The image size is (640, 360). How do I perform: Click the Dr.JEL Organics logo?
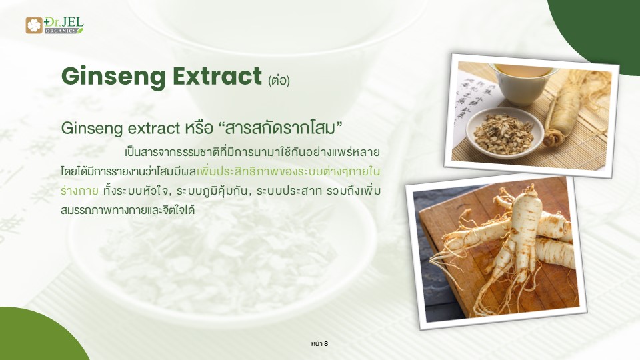(x=54, y=25)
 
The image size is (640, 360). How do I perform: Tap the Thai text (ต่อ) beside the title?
(x=279, y=81)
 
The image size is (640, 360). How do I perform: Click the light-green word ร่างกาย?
(x=79, y=191)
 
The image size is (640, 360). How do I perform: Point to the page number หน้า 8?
(x=319, y=344)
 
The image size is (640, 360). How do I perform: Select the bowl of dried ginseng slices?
(x=505, y=133)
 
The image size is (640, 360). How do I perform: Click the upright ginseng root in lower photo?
(x=515, y=245)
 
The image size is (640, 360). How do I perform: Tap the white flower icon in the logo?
(x=34, y=25)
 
